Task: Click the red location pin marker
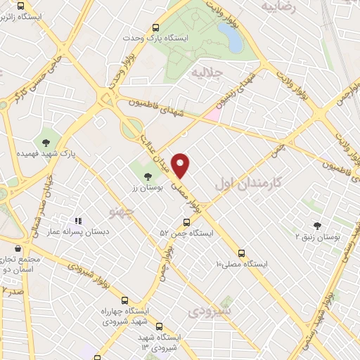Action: pos(181,165)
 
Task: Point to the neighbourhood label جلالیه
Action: pos(209,73)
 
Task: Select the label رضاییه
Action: pos(277,6)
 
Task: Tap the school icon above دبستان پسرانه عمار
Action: pos(78,221)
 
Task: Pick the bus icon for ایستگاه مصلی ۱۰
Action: pos(242,252)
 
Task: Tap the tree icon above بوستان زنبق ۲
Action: pos(316,226)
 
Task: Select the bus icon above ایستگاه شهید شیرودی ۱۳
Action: pos(160,326)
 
